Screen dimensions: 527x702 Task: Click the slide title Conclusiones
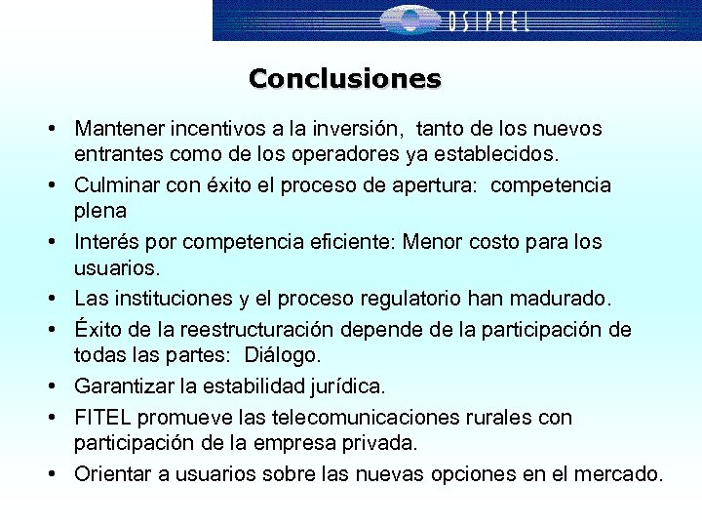click(x=344, y=78)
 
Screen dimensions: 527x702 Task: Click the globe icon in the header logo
click(x=409, y=20)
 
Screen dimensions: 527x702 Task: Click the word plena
click(x=100, y=211)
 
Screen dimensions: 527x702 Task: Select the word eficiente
click(x=347, y=242)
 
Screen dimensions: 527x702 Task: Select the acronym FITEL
click(x=102, y=418)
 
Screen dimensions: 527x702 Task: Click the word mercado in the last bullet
click(x=621, y=474)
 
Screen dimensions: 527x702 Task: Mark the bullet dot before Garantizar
click(x=47, y=387)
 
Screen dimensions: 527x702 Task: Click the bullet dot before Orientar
click(x=47, y=475)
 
